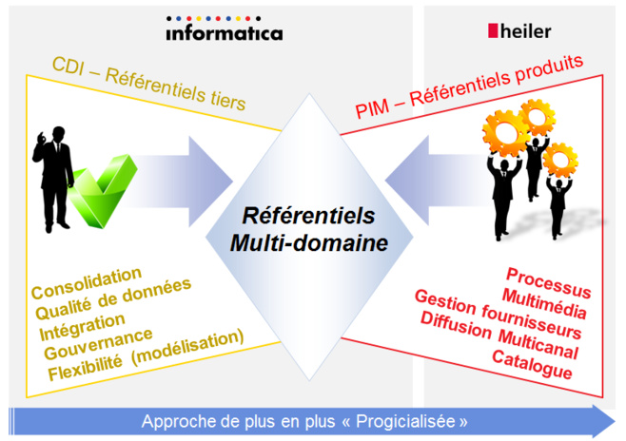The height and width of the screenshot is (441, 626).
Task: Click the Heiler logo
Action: pos(519,31)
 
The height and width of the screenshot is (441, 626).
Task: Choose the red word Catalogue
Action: pos(532,364)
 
